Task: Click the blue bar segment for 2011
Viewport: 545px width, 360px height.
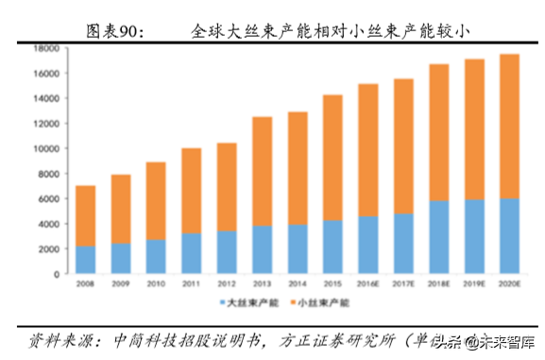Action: (191, 253)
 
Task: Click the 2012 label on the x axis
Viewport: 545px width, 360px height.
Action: (227, 284)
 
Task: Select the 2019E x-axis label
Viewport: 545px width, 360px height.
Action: (476, 284)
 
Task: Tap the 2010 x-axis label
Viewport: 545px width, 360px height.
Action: (156, 284)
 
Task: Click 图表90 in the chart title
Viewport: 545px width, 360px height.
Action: (114, 31)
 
